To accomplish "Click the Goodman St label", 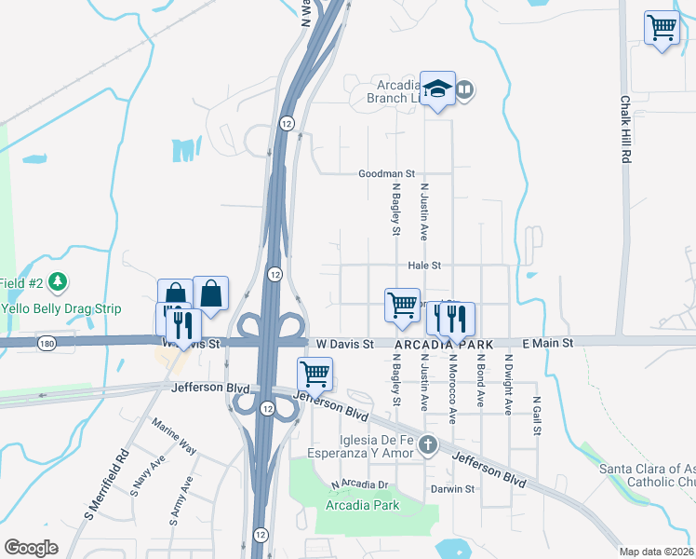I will (x=386, y=174).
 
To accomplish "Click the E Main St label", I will (x=549, y=344).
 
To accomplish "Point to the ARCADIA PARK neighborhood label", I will (x=443, y=345).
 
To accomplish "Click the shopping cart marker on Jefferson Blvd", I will (x=315, y=375).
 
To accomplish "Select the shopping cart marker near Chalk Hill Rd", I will (x=662, y=28).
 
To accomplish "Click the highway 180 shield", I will (x=45, y=344).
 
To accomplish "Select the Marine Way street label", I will (x=175, y=434).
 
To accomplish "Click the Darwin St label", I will (x=452, y=489).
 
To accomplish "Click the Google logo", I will (x=31, y=548).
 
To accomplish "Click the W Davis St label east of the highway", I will (x=344, y=344).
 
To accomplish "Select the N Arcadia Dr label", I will (x=360, y=484).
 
